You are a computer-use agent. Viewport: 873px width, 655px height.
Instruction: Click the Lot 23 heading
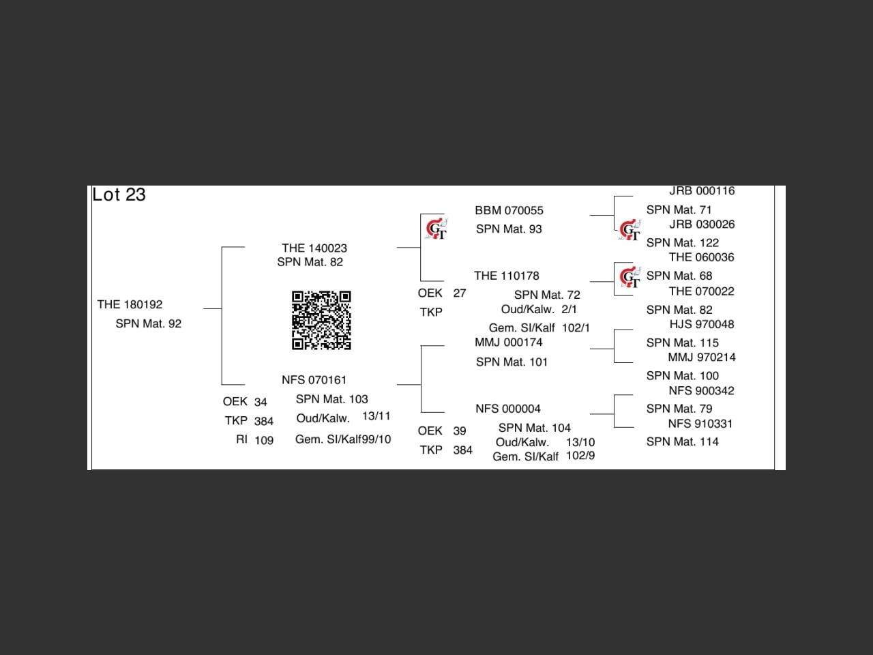point(119,195)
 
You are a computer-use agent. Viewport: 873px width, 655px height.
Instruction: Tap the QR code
point(321,320)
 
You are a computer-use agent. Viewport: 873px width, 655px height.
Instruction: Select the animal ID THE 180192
point(130,304)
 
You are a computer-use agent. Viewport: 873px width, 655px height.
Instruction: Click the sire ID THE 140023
point(314,248)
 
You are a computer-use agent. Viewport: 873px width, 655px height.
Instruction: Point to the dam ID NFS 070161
point(314,380)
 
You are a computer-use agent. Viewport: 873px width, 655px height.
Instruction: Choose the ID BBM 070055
point(509,211)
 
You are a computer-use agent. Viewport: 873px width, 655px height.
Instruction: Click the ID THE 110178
point(506,276)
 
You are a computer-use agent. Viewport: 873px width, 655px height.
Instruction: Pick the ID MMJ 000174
point(508,343)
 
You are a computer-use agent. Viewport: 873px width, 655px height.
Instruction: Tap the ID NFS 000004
point(507,409)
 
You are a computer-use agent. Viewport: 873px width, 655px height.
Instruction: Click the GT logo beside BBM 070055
point(436,229)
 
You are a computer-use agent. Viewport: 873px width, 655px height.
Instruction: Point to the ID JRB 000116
point(702,191)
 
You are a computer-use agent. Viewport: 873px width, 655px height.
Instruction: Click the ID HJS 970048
point(701,324)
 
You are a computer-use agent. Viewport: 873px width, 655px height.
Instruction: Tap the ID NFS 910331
point(700,424)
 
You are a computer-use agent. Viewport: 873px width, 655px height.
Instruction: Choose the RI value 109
point(264,441)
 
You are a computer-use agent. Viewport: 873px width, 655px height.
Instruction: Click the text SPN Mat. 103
point(331,399)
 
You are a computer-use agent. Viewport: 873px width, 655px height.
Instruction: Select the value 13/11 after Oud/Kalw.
point(376,416)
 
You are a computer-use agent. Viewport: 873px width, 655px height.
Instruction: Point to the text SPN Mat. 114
point(682,442)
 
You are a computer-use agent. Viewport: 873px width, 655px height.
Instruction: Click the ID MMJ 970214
point(701,358)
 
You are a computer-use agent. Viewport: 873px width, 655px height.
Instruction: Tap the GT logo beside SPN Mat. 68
point(630,277)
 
